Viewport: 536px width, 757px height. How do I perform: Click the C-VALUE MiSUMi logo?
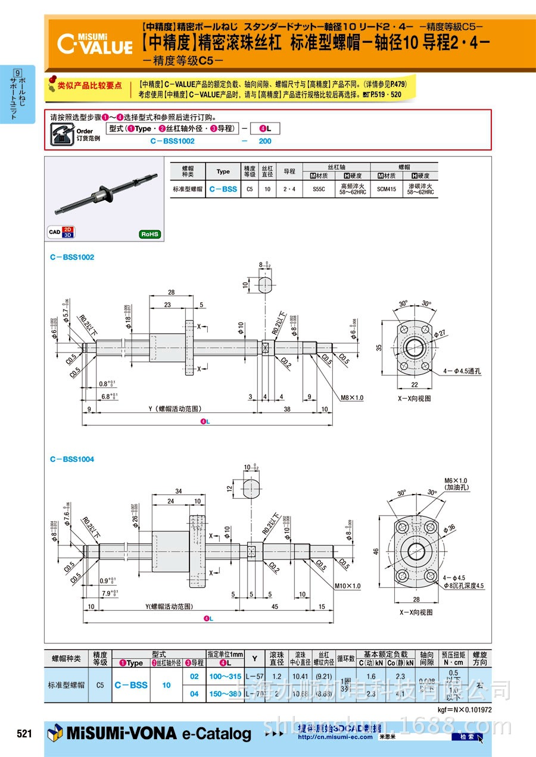pyautogui.click(x=95, y=43)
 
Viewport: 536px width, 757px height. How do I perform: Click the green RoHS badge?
pyautogui.click(x=149, y=234)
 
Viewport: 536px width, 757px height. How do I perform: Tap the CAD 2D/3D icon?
pyautogui.click(x=60, y=232)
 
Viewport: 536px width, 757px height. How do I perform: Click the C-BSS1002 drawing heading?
pyautogui.click(x=72, y=257)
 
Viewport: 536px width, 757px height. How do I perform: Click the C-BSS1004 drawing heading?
pyautogui.click(x=72, y=459)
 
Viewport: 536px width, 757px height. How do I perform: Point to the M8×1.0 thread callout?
pyautogui.click(x=352, y=398)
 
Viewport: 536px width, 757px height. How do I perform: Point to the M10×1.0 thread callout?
pyautogui.click(x=348, y=586)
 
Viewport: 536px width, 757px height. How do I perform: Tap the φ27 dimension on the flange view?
pyautogui.click(x=440, y=335)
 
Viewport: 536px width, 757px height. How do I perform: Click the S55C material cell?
pyautogui.click(x=319, y=189)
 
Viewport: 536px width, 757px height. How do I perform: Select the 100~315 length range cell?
pyautogui.click(x=225, y=676)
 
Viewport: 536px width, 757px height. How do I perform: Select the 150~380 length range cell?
pyautogui.click(x=225, y=693)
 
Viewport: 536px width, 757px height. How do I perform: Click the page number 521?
pyautogui.click(x=24, y=734)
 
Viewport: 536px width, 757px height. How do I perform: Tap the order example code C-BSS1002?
pyautogui.click(x=173, y=141)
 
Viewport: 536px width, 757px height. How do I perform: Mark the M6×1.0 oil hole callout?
pyautogui.click(x=457, y=484)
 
